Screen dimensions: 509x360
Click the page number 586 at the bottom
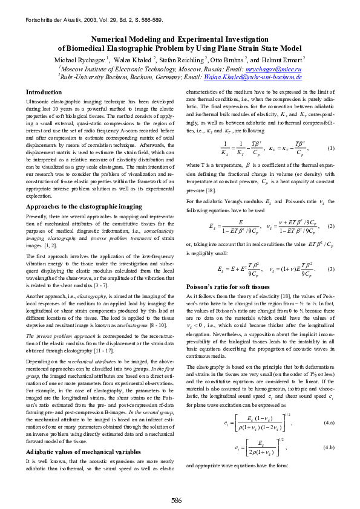(177, 501)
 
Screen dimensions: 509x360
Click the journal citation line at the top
(94, 20)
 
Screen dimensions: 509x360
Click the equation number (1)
(330, 148)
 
